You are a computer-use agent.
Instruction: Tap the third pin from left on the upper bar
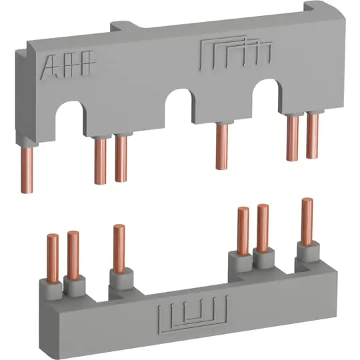121,159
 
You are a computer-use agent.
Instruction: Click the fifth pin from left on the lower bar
263,228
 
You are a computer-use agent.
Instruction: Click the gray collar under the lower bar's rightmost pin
307,251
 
